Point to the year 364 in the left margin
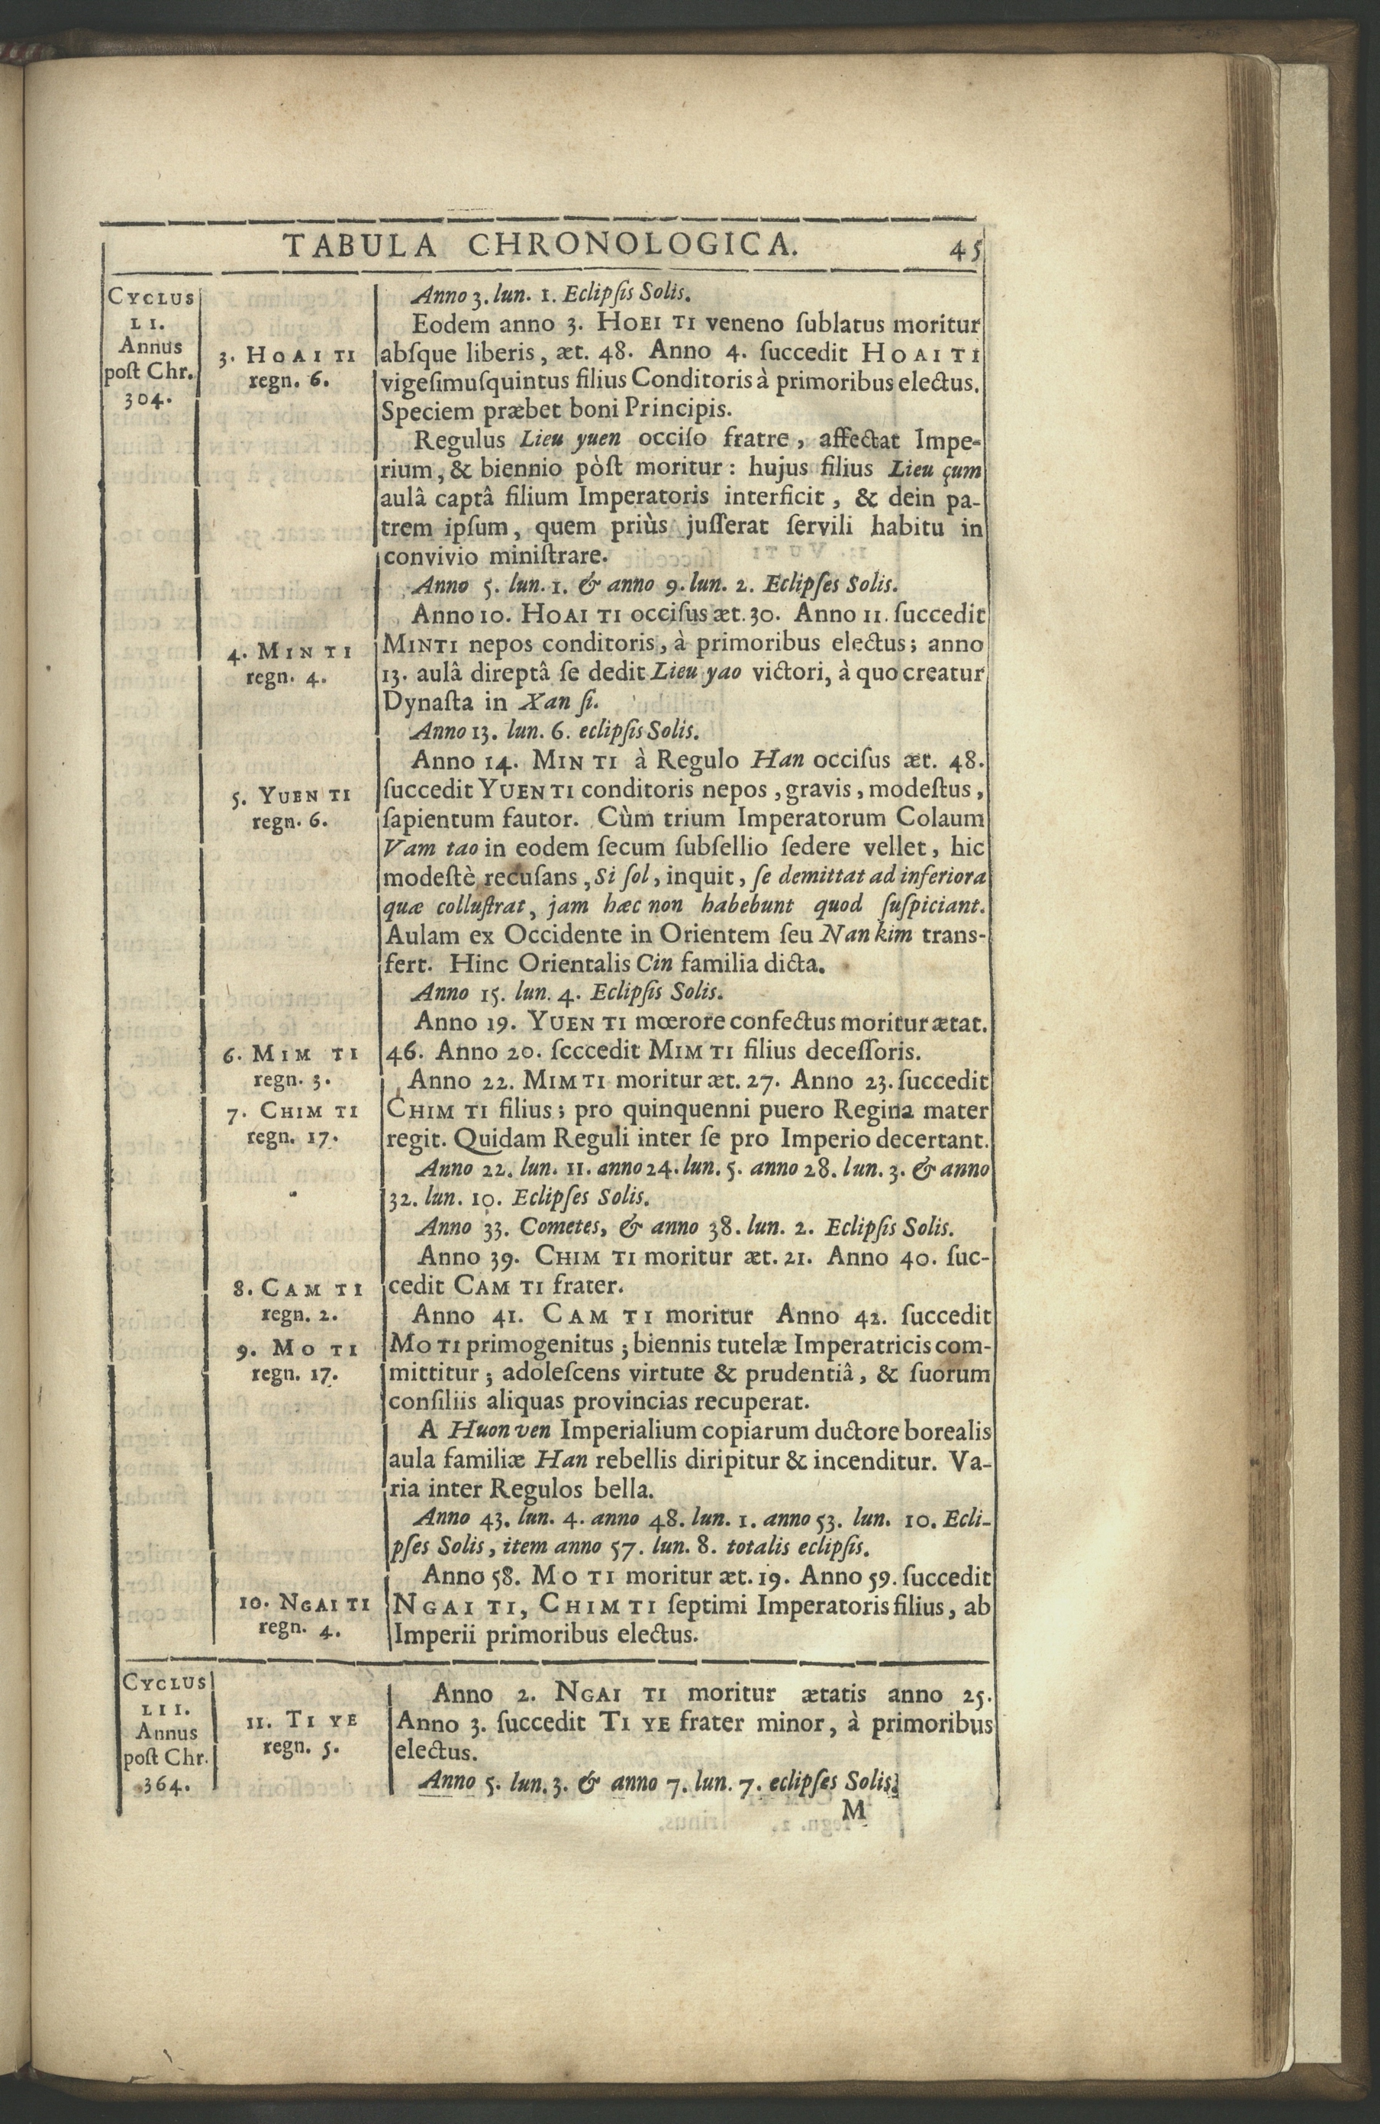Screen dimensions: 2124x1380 (160, 2051)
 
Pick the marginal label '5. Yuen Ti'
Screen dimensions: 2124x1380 (289, 794)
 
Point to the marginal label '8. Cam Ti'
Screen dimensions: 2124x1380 (294, 1289)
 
